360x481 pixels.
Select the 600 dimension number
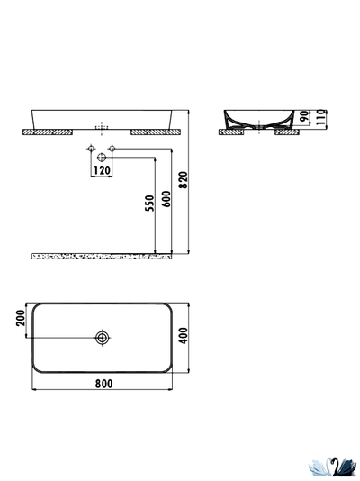[166, 200]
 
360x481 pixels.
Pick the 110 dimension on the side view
[320, 118]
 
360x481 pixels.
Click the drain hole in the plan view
[103, 338]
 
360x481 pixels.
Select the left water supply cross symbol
[91, 148]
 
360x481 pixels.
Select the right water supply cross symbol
[112, 148]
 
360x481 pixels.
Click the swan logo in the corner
[332, 466]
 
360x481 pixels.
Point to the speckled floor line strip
[99, 257]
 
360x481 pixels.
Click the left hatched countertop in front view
[48, 132]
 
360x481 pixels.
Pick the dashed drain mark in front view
[102, 125]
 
